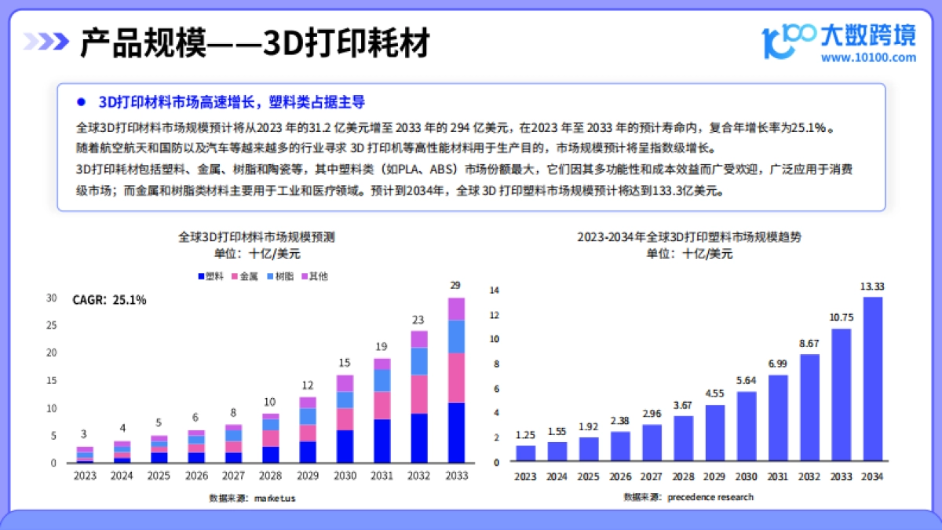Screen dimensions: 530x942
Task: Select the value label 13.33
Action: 872,287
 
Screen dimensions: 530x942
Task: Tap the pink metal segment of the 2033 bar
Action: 456,378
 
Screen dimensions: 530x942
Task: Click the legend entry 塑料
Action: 212,276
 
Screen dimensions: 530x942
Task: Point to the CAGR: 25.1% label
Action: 109,300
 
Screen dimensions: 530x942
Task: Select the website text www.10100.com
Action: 868,57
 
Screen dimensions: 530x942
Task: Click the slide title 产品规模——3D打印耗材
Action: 255,43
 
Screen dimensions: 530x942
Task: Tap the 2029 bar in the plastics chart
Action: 714,433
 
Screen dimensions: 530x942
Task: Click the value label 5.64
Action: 746,380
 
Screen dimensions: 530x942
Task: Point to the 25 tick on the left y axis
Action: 52,326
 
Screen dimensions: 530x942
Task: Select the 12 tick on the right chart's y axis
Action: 495,315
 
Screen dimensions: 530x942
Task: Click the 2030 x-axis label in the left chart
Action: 345,475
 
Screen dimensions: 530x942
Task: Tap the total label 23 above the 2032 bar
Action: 418,320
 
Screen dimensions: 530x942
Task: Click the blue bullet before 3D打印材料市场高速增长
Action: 80,103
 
